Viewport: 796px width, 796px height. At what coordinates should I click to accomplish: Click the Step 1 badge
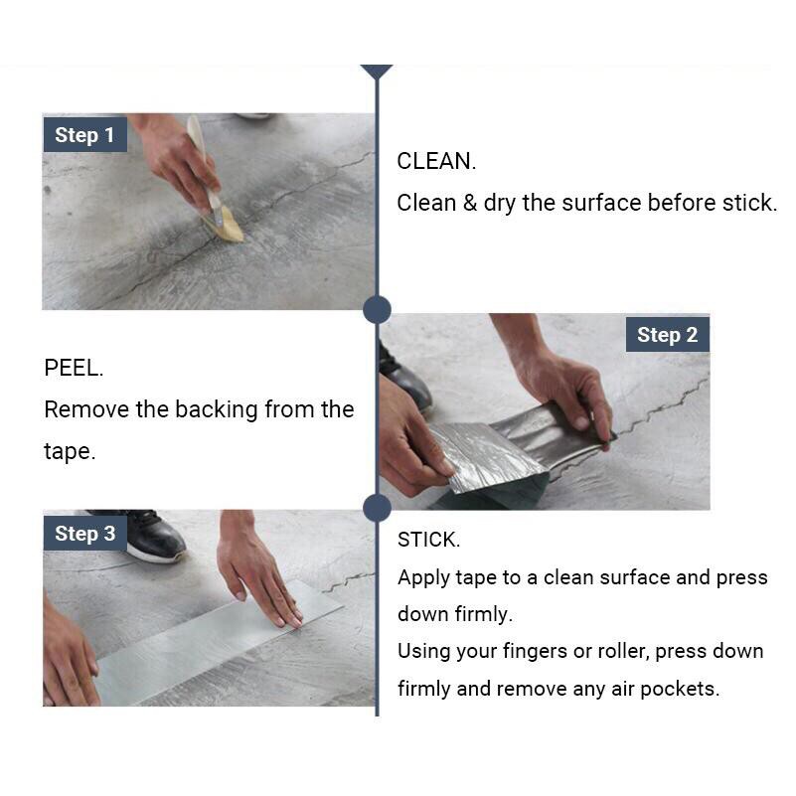click(x=84, y=135)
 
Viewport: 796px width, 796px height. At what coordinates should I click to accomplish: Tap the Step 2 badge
click(x=667, y=335)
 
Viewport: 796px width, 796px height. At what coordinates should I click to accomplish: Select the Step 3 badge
click(x=84, y=534)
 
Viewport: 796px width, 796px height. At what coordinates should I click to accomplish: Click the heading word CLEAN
click(x=436, y=161)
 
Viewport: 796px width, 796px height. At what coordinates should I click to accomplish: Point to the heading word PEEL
click(x=74, y=368)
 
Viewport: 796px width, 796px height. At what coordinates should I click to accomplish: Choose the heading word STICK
click(x=428, y=540)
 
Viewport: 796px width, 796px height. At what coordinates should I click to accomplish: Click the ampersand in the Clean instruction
click(x=470, y=203)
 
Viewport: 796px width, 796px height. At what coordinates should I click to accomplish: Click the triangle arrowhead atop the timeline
click(x=377, y=72)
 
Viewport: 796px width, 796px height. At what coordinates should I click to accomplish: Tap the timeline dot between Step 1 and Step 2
click(x=378, y=309)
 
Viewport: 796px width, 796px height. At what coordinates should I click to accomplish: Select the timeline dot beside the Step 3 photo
click(x=378, y=508)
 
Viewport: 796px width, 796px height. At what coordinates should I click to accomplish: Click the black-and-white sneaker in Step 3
click(x=152, y=536)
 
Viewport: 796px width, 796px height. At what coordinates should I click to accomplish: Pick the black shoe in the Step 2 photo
click(x=403, y=376)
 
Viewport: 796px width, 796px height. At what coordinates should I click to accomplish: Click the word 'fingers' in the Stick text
click(x=535, y=652)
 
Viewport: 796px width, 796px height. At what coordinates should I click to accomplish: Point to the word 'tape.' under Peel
click(x=70, y=452)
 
